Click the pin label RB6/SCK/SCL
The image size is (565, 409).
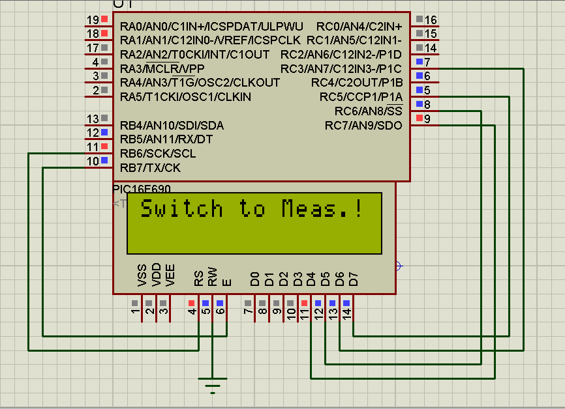[158, 154]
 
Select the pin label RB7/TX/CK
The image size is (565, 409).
[151, 168]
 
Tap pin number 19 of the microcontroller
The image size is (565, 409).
[93, 20]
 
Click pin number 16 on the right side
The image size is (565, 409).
[431, 20]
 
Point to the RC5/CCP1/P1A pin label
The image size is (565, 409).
[361, 97]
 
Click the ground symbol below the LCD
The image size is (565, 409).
[213, 385]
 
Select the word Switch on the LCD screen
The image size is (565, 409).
[182, 209]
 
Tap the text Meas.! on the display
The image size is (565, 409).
[322, 209]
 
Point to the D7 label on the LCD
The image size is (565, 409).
[354, 279]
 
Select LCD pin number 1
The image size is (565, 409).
[135, 314]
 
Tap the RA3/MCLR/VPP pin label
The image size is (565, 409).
[162, 69]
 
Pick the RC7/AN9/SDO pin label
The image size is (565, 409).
[363, 125]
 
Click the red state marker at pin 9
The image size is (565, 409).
[418, 118]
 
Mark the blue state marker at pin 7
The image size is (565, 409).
[418, 62]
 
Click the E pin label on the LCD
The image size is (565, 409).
[226, 282]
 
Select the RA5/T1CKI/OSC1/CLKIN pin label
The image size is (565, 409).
[185, 97]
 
